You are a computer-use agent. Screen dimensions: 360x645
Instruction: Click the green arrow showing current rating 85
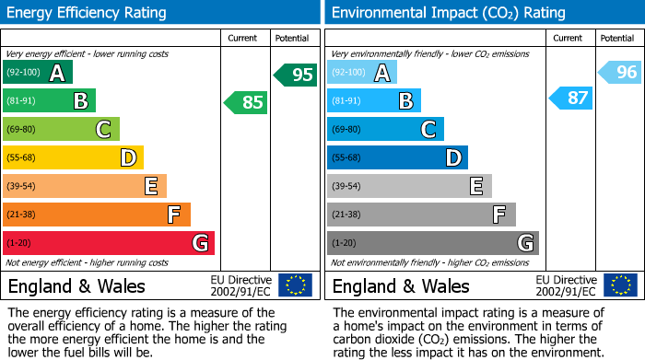(246, 102)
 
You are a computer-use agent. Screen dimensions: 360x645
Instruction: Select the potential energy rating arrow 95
(295, 75)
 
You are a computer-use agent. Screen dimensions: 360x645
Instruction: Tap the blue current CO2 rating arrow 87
(570, 98)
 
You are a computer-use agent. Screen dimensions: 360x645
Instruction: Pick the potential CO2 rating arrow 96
(619, 72)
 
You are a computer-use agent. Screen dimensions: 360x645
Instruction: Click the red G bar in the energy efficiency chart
(109, 243)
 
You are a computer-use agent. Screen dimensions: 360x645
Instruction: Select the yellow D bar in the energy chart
(73, 158)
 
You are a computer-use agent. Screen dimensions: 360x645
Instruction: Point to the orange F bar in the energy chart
(97, 215)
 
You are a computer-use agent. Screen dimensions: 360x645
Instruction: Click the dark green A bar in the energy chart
(38, 73)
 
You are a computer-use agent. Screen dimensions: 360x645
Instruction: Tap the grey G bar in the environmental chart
(432, 243)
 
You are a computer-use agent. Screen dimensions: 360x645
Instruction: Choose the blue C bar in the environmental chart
(385, 130)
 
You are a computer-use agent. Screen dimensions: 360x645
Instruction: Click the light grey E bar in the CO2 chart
(409, 186)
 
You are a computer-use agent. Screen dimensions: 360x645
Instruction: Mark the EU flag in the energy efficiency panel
(295, 285)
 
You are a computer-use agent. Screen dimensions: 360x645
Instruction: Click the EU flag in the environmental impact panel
(619, 285)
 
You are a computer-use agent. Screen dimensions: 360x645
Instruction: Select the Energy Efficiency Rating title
(88, 13)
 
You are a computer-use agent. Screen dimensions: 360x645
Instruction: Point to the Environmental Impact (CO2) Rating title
(448, 13)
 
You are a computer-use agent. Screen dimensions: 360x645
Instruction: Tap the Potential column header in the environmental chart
(617, 38)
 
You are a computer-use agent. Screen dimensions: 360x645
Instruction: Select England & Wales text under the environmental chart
(401, 286)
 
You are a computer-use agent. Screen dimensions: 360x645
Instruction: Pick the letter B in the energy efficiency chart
(80, 101)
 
